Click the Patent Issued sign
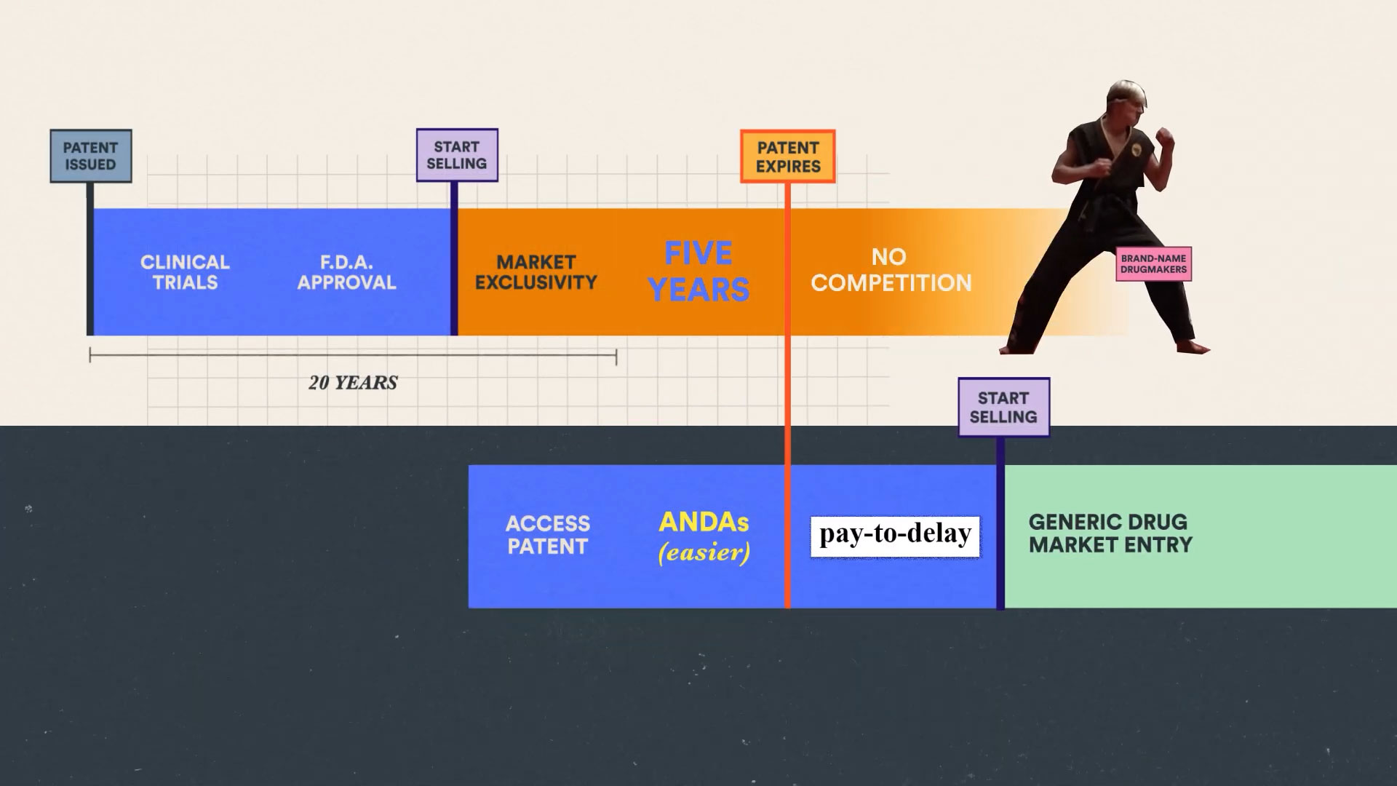[x=90, y=156]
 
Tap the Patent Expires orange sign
[x=788, y=156]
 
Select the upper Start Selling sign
[x=457, y=155]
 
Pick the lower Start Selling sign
[x=1003, y=408]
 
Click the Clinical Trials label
[x=185, y=272]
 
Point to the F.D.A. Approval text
[x=346, y=272]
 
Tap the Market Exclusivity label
[x=536, y=272]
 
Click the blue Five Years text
[x=698, y=271]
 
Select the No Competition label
[x=891, y=270]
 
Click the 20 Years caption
[x=353, y=383]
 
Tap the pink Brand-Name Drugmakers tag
[x=1153, y=264]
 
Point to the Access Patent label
[x=548, y=535]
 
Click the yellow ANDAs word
[x=704, y=522]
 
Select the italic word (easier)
[x=704, y=553]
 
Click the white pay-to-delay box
[x=895, y=536]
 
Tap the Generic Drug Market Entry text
[x=1110, y=533]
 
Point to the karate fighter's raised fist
[x=1164, y=138]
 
